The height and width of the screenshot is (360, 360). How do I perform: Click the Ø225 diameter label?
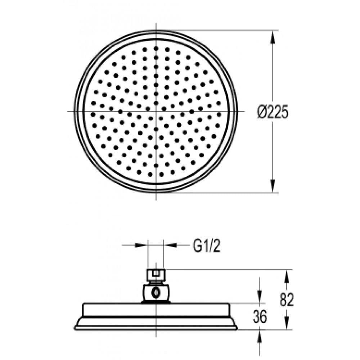273,112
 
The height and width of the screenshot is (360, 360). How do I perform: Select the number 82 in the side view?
287,300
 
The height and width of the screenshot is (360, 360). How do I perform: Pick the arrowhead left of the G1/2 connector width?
143,246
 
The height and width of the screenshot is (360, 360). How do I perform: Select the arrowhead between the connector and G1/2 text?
168,246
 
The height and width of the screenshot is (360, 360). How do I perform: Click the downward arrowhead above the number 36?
260,298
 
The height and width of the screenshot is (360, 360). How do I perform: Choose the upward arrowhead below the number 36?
260,334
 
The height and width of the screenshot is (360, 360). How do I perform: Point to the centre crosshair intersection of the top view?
156,111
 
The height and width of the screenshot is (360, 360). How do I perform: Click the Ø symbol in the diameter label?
262,112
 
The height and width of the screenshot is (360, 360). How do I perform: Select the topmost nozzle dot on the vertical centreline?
156,48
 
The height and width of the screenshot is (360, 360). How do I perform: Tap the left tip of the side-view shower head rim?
75,327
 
